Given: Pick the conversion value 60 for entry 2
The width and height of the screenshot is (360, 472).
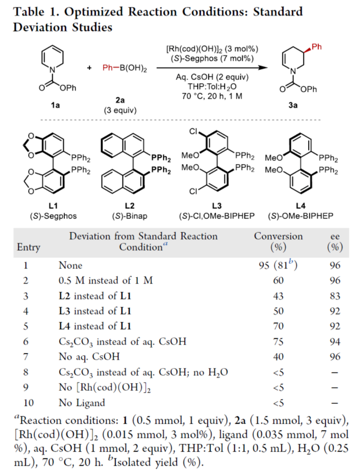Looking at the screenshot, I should pyautogui.click(x=278, y=281).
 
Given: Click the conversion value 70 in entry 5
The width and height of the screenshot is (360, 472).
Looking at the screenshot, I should pyautogui.click(x=278, y=325).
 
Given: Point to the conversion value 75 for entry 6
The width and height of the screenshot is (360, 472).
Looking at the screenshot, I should pyautogui.click(x=278, y=339).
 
